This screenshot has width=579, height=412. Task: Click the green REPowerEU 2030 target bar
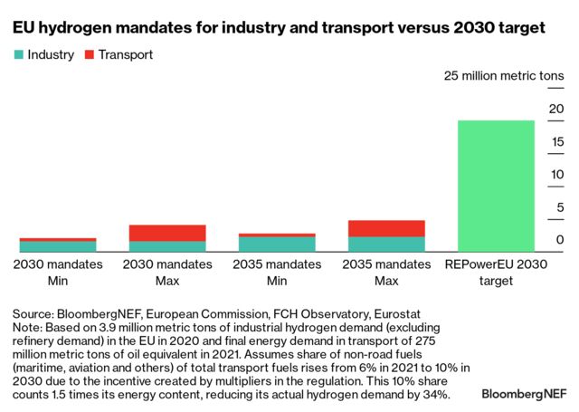(496, 186)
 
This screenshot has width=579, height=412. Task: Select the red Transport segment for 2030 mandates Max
(167, 233)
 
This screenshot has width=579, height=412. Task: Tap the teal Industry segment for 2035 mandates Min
(277, 244)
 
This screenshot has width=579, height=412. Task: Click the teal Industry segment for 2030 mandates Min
(58, 246)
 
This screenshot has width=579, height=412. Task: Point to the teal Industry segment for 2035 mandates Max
(386, 244)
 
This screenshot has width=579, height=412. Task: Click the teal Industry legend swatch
(18, 55)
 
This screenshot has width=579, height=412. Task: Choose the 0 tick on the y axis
(560, 240)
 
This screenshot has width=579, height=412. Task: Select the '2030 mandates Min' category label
(58, 273)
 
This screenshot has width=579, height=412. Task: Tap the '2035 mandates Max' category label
(386, 273)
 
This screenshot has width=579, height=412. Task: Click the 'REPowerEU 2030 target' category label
(496, 273)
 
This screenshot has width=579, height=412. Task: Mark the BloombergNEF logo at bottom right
(525, 395)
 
